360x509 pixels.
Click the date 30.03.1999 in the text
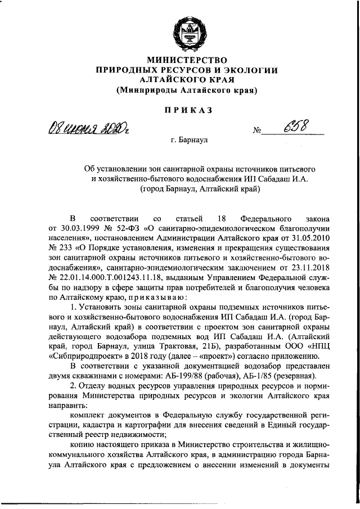click(70, 228)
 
